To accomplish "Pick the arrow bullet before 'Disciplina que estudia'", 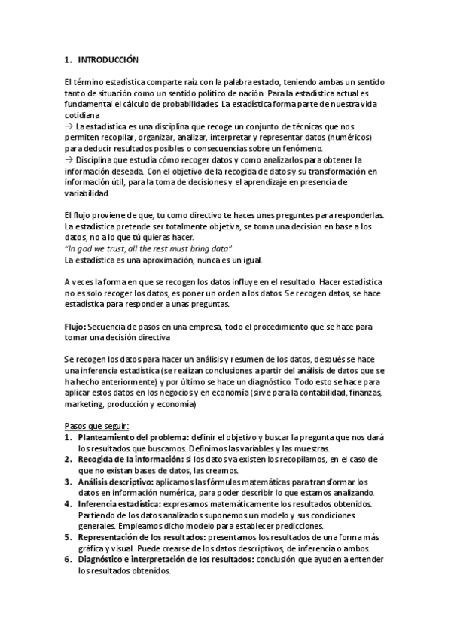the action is tap(69, 159).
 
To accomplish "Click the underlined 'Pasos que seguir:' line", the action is tap(97, 426).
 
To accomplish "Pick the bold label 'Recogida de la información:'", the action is tap(130, 459).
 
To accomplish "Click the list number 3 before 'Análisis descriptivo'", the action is tap(69, 481).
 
